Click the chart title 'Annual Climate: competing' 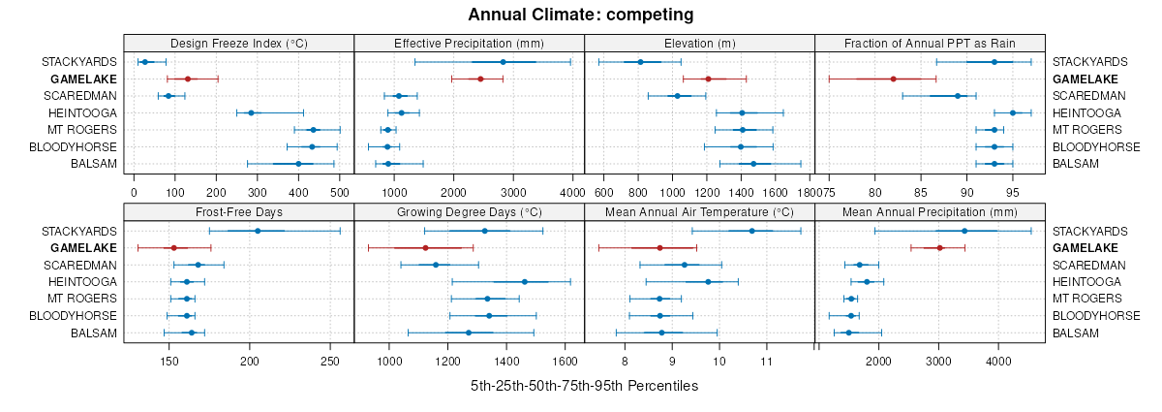tap(580, 15)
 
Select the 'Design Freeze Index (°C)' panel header tap(238, 44)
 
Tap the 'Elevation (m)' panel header tap(699, 44)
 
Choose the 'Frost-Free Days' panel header tap(238, 212)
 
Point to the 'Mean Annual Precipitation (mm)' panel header tap(930, 212)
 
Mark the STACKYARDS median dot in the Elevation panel tap(640, 62)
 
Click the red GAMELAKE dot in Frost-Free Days tap(173, 248)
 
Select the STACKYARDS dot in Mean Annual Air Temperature tap(751, 231)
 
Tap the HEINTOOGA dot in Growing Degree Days tap(525, 282)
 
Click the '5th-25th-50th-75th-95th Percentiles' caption tap(584, 386)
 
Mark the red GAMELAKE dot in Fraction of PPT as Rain tap(893, 79)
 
